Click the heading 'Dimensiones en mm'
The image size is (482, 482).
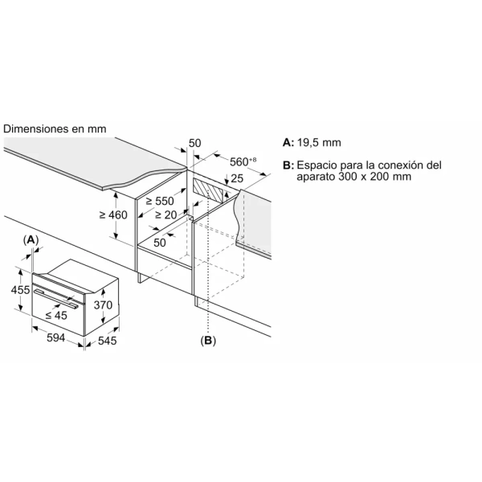(x=55, y=129)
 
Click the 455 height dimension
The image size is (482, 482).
(x=20, y=290)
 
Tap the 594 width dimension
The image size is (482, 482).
(x=55, y=340)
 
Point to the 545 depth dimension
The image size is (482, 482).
(x=106, y=341)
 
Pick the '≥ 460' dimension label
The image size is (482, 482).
(x=113, y=214)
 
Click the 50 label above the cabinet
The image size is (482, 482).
(x=195, y=143)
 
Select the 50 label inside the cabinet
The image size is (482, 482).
(x=160, y=242)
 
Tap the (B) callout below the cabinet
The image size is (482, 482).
(x=208, y=341)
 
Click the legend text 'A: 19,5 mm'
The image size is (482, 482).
(x=312, y=142)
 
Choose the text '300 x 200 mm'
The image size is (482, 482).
(x=374, y=177)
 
